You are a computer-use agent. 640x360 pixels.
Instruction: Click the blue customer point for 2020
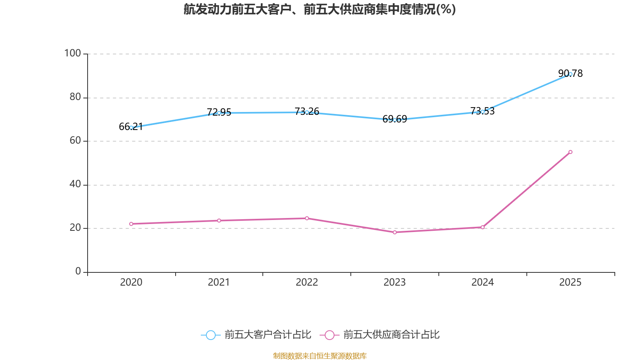tap(131, 128)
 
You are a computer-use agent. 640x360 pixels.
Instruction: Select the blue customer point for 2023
tap(395, 120)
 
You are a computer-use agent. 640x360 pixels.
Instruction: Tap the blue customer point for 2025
tap(570, 74)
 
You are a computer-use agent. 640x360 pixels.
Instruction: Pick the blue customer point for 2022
tap(307, 112)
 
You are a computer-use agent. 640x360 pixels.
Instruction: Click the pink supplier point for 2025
tap(570, 152)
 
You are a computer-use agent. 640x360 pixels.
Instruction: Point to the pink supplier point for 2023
tap(395, 232)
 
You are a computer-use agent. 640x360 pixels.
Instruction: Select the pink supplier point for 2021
tap(219, 220)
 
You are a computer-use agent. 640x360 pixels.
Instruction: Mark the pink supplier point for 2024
tap(482, 227)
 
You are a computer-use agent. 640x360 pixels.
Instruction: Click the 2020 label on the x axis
tap(131, 282)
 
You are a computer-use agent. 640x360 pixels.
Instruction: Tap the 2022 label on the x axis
tap(307, 282)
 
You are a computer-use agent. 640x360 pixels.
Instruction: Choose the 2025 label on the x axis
tap(570, 282)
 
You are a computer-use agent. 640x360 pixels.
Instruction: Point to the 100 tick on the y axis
tap(72, 53)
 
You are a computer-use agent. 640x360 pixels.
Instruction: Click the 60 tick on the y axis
tap(75, 140)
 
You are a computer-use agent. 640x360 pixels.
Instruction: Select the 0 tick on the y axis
tap(78, 271)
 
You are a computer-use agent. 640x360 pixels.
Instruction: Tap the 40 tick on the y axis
tap(75, 184)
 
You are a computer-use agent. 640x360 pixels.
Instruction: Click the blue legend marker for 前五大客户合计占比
tap(210, 335)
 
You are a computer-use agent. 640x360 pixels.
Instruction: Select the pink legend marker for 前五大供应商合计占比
tap(329, 335)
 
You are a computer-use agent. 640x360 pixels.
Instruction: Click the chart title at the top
tap(320, 9)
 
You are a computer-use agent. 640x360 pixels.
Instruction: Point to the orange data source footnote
tap(320, 356)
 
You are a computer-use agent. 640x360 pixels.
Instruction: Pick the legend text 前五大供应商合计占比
tap(391, 335)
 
